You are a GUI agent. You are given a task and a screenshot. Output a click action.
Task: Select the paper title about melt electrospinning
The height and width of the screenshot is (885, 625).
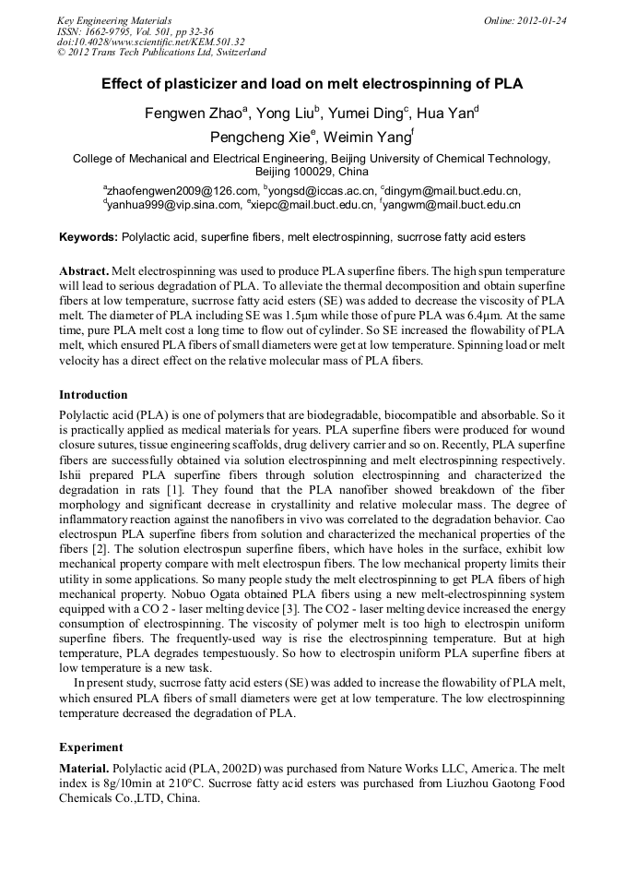point(312,84)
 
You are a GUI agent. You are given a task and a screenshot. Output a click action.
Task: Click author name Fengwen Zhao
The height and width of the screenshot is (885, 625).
point(191,114)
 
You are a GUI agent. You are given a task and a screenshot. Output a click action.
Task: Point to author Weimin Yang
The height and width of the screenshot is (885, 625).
point(371,138)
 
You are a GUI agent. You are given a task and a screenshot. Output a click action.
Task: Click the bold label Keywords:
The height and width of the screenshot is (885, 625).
point(88,237)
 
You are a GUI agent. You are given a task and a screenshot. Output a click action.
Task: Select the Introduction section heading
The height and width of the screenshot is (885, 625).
point(93,395)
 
